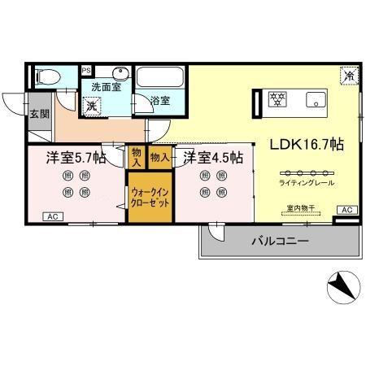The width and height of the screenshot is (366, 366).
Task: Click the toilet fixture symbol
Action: [x=48, y=78]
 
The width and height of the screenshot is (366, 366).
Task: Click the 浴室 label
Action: [x=160, y=101]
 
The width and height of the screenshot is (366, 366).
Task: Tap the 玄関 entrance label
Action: [x=39, y=114]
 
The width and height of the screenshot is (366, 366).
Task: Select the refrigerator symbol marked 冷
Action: [x=347, y=75]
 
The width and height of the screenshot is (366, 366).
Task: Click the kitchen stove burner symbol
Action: [x=278, y=100]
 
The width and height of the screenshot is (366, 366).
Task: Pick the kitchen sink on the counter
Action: [x=313, y=100]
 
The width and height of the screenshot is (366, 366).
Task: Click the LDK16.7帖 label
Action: [x=306, y=144]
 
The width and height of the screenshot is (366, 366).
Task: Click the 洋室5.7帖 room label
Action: [x=76, y=158]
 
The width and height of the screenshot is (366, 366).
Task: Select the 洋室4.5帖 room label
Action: [x=212, y=158]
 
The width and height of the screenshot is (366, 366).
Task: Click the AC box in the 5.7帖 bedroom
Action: [x=52, y=217]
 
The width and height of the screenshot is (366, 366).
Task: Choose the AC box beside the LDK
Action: [x=346, y=210]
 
